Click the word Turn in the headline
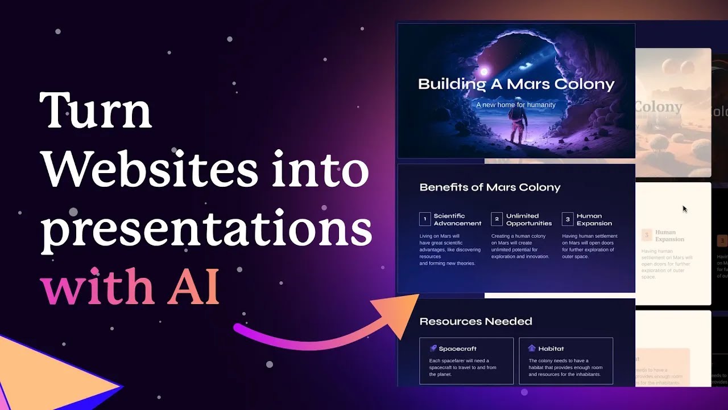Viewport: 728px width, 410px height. [96, 110]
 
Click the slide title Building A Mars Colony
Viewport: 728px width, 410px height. [516, 84]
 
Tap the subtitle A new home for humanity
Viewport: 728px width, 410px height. [516, 105]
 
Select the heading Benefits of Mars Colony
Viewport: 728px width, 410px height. [490, 187]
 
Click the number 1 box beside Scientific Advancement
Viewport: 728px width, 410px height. [425, 219]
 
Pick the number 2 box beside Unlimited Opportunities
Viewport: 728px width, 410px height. [497, 219]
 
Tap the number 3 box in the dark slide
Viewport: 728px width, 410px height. [567, 219]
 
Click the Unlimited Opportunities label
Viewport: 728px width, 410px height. [529, 219]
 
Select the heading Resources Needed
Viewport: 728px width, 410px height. [475, 322]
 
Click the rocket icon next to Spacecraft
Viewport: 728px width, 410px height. [433, 348]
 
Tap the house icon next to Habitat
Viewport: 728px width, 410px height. [532, 348]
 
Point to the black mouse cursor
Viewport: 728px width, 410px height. [685, 209]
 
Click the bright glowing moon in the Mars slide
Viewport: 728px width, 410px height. [485, 72]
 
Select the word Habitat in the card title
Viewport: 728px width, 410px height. [551, 348]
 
